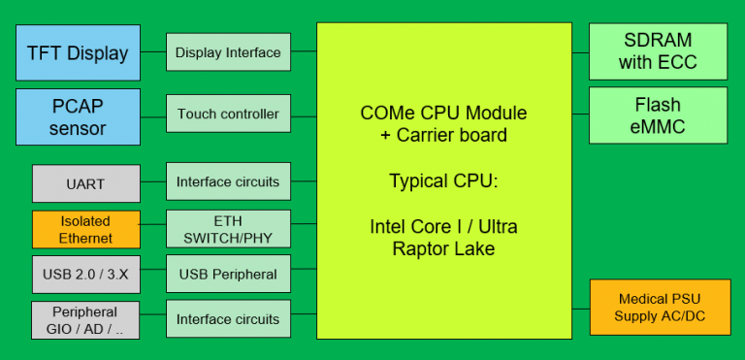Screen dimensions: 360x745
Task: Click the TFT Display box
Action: coord(79,52)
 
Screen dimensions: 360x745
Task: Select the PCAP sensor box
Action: coord(79,115)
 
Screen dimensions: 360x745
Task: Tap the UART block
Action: coord(85,182)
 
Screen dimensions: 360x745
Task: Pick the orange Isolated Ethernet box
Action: coord(85,229)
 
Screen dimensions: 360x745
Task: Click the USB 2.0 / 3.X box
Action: coord(85,275)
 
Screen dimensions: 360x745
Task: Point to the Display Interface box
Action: coord(228,52)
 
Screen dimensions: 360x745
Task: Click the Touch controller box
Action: coord(228,115)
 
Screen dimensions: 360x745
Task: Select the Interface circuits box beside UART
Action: coord(228,182)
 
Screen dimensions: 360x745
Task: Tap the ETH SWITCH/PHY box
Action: coord(228,229)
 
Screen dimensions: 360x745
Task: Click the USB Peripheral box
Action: coord(228,275)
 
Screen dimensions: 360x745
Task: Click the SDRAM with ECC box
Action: coord(658,52)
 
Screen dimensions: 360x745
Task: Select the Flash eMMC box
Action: coord(658,115)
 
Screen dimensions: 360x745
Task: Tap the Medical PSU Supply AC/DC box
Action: coord(658,308)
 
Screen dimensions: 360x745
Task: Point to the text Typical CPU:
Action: coord(443,180)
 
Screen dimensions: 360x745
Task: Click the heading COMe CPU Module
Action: coord(443,114)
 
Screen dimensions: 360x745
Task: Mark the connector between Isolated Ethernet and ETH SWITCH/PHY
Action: coord(152,222)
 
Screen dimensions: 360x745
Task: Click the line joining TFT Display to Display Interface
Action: coord(153,52)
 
